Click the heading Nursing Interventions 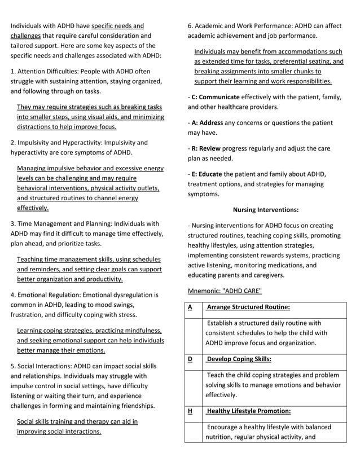(x=265, y=209)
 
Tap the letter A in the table (x=190, y=307)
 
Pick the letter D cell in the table (x=190, y=359)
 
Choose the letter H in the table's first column (x=190, y=411)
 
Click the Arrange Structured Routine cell (x=249, y=307)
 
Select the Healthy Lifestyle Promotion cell (x=249, y=411)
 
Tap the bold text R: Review (x=207, y=148)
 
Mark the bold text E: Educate (x=208, y=174)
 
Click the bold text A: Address (x=207, y=122)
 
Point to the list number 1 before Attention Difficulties (x=13, y=71)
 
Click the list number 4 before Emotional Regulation (x=13, y=294)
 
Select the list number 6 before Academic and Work (x=190, y=25)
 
